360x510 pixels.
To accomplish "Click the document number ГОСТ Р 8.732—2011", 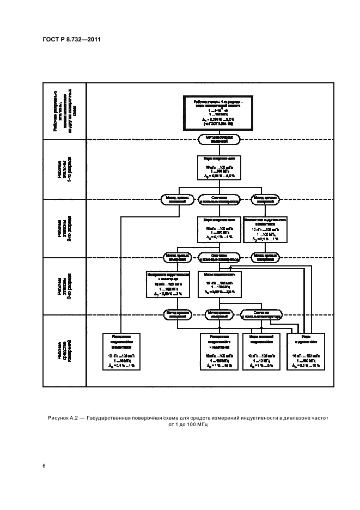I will tap(71, 39).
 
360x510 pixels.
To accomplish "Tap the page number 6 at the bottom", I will tap(44, 465).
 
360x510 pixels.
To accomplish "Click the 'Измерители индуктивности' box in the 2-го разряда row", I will tap(265, 229).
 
